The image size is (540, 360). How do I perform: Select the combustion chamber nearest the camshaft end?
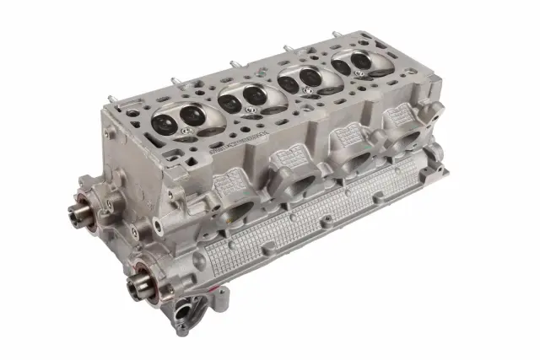click(x=172, y=119)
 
